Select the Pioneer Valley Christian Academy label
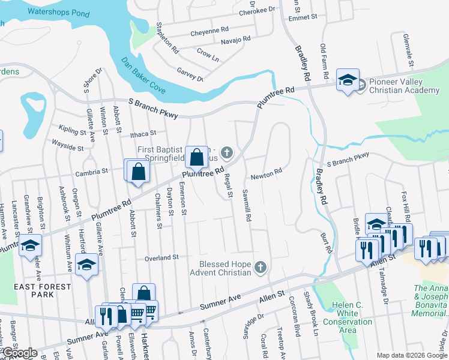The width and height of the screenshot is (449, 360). click(x=404, y=86)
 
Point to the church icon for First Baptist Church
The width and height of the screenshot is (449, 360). click(x=227, y=153)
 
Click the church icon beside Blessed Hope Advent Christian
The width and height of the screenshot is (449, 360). click(x=260, y=267)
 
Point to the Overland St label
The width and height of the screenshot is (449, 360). click(x=161, y=257)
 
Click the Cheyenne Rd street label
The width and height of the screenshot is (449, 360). click(x=209, y=29)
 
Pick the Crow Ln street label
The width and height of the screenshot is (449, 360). click(x=208, y=55)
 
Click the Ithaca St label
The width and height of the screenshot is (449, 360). click(x=140, y=134)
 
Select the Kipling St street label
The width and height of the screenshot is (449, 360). click(x=73, y=129)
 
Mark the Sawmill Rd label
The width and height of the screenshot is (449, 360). click(x=246, y=204)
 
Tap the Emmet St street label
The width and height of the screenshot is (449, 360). click(x=303, y=17)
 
